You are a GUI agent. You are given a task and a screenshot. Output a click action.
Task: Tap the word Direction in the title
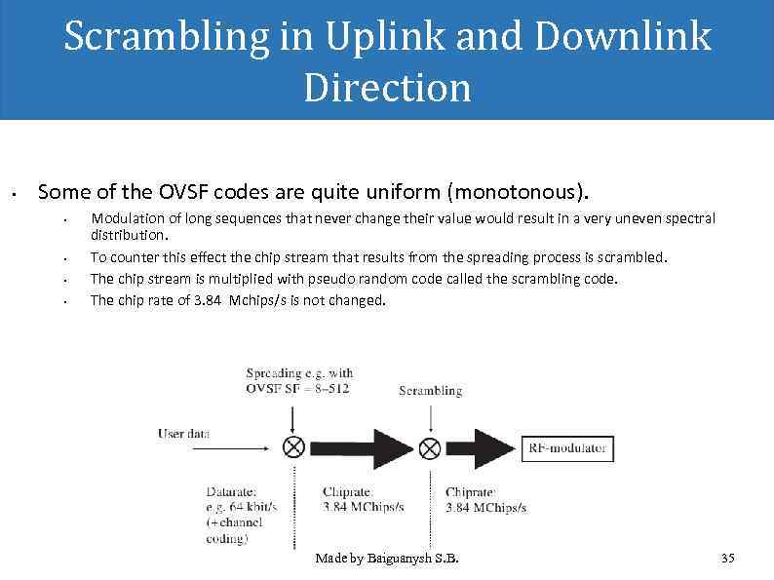(x=387, y=88)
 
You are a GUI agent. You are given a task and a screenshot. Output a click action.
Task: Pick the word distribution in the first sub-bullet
(x=129, y=235)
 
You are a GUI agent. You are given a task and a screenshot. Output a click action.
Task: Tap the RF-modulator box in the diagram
(x=568, y=448)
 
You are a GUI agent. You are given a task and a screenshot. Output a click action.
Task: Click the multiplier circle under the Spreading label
(x=292, y=447)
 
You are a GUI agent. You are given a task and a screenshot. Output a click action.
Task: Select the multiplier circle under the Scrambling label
(x=430, y=447)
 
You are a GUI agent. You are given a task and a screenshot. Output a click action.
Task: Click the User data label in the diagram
(x=184, y=434)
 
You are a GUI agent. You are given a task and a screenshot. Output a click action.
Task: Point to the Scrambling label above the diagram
(x=430, y=391)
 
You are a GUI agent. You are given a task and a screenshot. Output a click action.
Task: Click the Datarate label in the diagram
(x=232, y=492)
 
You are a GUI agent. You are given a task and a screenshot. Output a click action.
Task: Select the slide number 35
(x=727, y=559)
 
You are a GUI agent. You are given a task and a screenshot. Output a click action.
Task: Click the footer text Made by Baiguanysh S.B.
(x=387, y=559)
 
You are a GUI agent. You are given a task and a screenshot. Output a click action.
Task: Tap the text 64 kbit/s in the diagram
(x=254, y=507)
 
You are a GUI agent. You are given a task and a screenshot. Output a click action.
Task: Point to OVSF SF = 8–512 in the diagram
(x=298, y=387)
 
